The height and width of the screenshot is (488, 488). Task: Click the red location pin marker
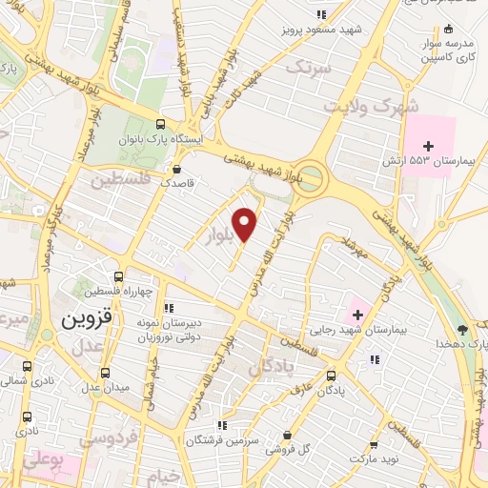[x=246, y=224]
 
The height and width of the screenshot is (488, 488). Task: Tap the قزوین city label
[x=89, y=320]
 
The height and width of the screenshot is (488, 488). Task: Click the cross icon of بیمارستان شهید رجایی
[x=356, y=315]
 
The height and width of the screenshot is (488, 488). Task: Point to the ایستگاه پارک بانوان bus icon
[x=159, y=125]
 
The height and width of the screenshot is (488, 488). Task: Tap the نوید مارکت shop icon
[x=374, y=444]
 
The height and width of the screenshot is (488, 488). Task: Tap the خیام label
[x=163, y=474]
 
